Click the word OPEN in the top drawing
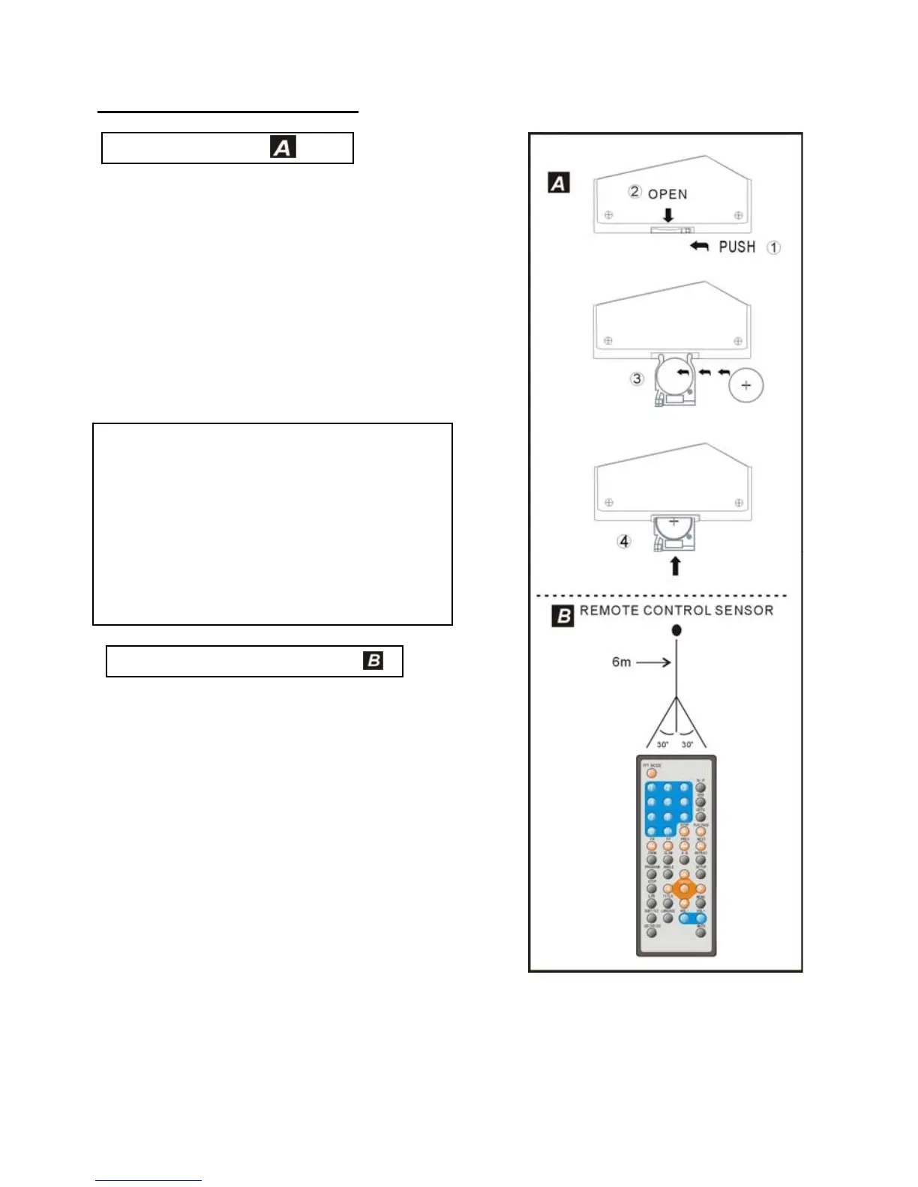coord(667,194)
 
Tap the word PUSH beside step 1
coord(736,247)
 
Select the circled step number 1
coord(773,247)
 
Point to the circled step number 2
coord(634,192)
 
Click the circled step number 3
coord(637,378)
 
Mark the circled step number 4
coord(624,541)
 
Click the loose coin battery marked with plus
coord(745,385)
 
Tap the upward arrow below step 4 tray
coord(675,565)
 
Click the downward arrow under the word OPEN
coord(667,216)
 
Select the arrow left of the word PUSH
coord(699,246)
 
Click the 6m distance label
coord(621,662)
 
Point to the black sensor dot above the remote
coord(676,630)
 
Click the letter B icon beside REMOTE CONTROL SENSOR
coord(562,615)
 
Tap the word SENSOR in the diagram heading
coord(743,610)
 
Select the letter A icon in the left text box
coord(283,147)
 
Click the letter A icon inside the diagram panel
coord(559,183)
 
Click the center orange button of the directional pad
coord(683,890)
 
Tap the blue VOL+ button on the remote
coord(700,919)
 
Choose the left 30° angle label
coord(662,745)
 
